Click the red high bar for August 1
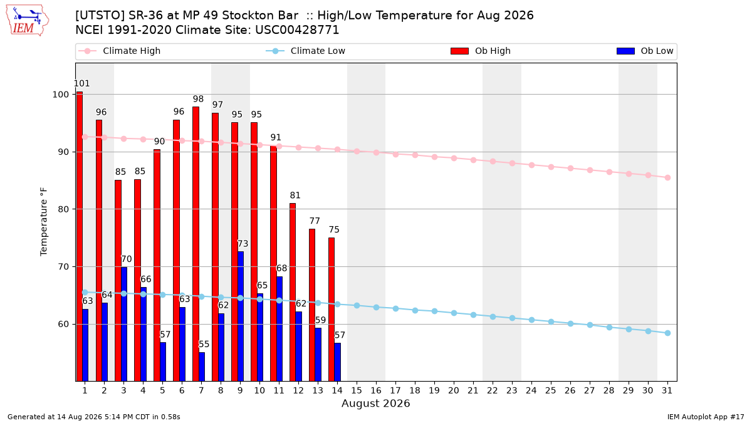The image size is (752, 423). point(79,236)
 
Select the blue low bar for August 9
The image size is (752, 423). point(241,316)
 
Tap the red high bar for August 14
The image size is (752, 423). point(332,309)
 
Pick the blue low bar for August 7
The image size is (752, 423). point(201,367)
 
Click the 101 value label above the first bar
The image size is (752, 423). point(81,83)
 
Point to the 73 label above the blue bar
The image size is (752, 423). point(243,243)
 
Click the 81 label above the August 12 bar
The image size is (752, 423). point(295,195)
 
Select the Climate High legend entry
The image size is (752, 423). point(120,51)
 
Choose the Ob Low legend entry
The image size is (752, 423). point(645,51)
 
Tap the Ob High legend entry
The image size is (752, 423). point(481,51)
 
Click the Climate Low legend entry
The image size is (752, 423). point(306,51)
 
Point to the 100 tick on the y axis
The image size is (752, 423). point(60,95)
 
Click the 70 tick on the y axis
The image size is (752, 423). point(63,266)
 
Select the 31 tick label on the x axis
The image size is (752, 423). point(667,390)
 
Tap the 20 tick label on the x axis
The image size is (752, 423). point(454,390)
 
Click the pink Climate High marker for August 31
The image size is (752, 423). point(667,177)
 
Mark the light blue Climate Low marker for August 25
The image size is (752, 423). point(551,321)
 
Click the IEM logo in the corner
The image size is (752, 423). point(27,21)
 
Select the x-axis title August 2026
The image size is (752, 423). point(375,403)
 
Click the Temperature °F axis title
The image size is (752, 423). point(44,222)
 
